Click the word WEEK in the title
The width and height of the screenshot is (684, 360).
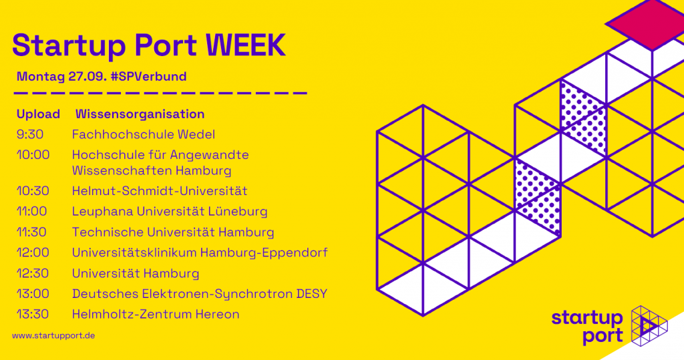[x=245, y=45]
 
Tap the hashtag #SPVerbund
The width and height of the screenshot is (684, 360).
[x=149, y=76]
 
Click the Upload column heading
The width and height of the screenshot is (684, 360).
[x=38, y=114]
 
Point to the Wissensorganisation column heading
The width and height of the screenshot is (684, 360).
[x=140, y=114]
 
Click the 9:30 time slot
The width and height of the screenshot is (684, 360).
[x=30, y=134]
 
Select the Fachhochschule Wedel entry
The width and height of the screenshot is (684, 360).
[x=144, y=134]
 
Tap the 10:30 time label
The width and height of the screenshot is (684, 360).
[x=33, y=191]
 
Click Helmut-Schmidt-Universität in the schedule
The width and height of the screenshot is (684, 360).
[x=160, y=191]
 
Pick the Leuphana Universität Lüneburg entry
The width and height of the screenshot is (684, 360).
[x=170, y=211]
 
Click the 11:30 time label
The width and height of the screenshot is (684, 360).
[x=31, y=232]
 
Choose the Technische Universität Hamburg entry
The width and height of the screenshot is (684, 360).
[x=173, y=232]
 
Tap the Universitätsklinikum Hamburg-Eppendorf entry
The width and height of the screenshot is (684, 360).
[x=200, y=252]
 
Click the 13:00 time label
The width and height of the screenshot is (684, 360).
[x=33, y=294]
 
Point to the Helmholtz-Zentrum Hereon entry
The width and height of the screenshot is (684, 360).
[x=156, y=314]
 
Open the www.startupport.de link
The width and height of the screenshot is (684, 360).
[x=53, y=335]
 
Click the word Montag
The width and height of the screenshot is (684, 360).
[x=41, y=77]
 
